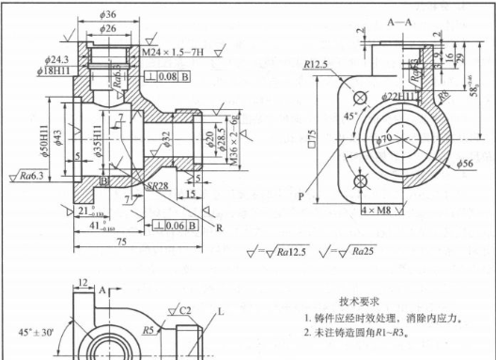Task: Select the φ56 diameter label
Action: [464, 164]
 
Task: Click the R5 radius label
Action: [148, 330]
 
